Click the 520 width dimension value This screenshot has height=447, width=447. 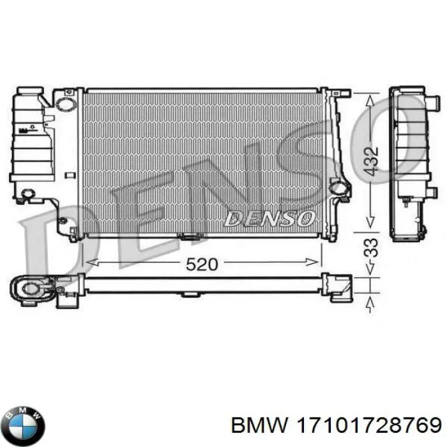click(202, 264)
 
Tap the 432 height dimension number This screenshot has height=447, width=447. click(372, 162)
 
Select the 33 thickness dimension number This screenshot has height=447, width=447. click(372, 248)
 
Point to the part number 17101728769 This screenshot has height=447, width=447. click(369, 427)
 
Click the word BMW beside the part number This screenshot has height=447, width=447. click(260, 427)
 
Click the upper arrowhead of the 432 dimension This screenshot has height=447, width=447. click(370, 102)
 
